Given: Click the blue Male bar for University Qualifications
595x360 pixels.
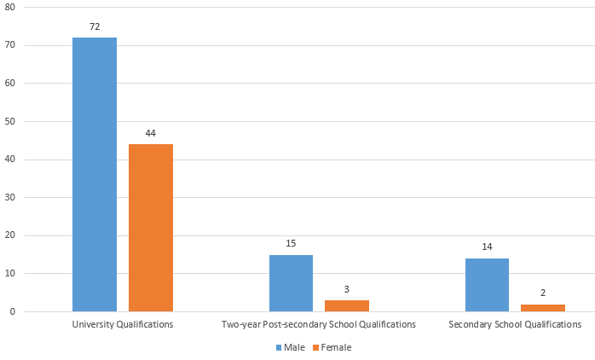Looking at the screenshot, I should coord(95,174).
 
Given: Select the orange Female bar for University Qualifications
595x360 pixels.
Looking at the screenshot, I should coord(151,228).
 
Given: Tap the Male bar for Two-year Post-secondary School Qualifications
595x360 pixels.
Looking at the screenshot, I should coord(291,283).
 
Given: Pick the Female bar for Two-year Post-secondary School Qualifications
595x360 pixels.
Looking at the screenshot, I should coord(347,305).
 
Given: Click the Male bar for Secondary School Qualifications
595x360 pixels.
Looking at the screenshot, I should coord(488,285).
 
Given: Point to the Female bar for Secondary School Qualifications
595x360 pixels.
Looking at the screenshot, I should coord(543,308).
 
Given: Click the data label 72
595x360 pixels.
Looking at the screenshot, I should coord(95,26).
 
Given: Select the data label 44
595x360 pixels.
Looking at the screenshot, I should coord(151,133).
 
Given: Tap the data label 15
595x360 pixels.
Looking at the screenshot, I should coord(291,243).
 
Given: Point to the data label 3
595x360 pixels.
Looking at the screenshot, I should coord(347,289).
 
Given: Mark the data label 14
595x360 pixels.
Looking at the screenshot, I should coord(488,247).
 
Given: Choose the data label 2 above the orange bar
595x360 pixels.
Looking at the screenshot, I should coord(543,293).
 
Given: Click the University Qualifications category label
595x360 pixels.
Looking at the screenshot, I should coord(123,325).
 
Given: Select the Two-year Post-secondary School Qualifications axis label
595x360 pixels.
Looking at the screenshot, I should coord(319,325).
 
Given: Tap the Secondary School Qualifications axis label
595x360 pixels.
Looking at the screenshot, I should coord(515,325).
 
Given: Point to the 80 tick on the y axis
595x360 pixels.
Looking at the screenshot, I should coord(10,7).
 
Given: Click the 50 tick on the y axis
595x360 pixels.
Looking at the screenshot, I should coord(10,121).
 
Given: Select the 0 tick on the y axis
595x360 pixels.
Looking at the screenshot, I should coord(13,312).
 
